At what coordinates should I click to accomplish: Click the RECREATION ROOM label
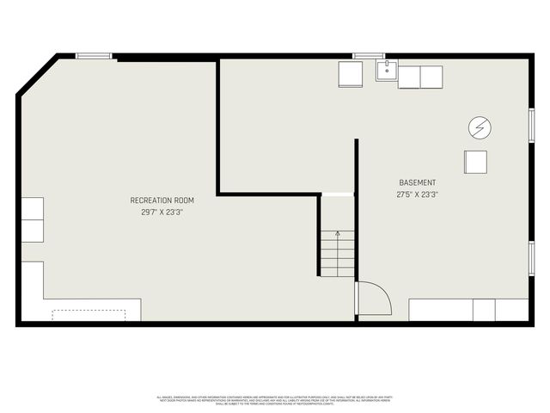coord(162,200)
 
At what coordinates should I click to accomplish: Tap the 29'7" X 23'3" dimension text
coord(162,212)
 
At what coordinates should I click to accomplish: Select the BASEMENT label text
coord(418,183)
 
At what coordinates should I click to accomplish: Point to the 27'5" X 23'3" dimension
coord(418,195)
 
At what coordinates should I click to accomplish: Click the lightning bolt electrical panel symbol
coord(480,128)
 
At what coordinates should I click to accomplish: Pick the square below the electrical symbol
coord(475,162)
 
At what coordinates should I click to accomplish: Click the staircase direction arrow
coord(338,234)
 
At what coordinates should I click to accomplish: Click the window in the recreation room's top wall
coord(94,57)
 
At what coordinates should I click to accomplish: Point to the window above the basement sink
coord(369,57)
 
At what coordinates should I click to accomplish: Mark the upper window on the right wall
coord(532,125)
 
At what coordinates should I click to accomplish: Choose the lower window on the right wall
coord(532,258)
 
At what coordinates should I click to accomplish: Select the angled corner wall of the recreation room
coord(36,76)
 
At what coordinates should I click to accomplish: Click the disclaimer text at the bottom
coord(274,400)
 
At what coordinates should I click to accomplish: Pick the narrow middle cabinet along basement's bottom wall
coord(484,310)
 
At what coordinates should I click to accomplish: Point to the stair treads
coord(338,255)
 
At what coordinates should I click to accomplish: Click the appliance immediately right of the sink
coord(408,77)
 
